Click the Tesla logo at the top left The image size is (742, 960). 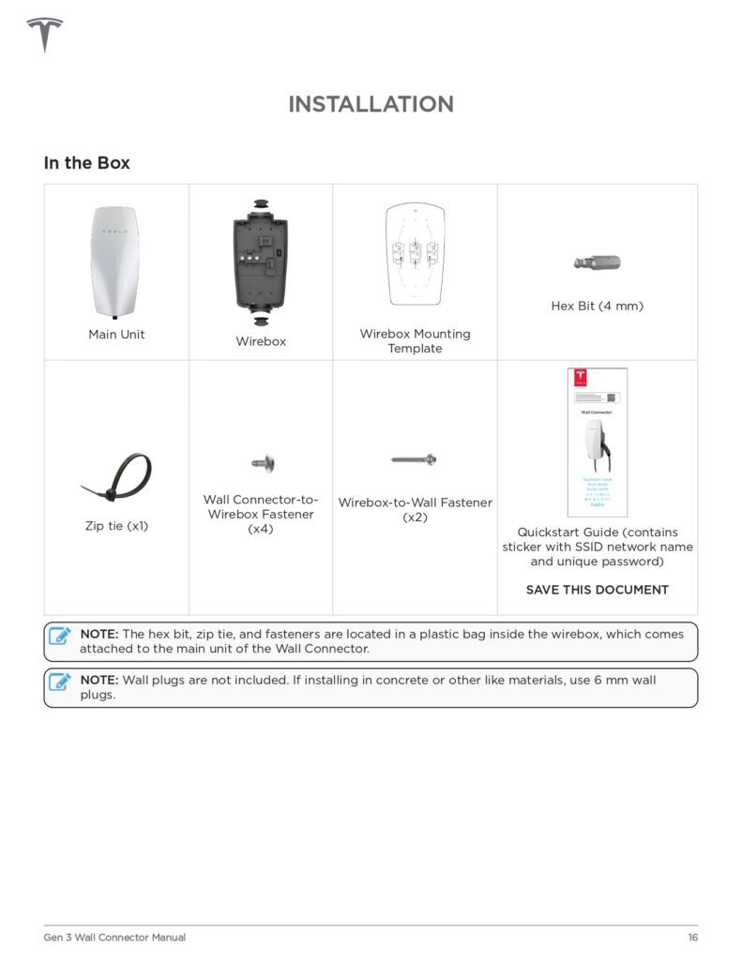pyautogui.click(x=44, y=35)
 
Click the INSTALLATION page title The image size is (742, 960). pyautogui.click(x=371, y=104)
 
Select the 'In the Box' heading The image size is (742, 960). pyautogui.click(x=86, y=163)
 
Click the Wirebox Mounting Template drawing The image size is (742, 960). pyautogui.click(x=415, y=254)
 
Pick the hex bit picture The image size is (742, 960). pyautogui.click(x=597, y=263)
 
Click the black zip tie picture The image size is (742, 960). pyautogui.click(x=118, y=477)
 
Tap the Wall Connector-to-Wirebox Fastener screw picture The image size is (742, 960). pyautogui.click(x=262, y=462)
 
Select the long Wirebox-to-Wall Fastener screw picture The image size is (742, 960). pyautogui.click(x=414, y=459)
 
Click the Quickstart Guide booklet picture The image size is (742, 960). pyautogui.click(x=597, y=442)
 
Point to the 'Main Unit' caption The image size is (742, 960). pyautogui.click(x=116, y=334)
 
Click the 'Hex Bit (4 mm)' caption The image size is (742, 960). pyautogui.click(x=597, y=306)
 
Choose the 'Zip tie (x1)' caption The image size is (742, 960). pyautogui.click(x=116, y=526)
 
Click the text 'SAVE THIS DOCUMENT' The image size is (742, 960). pyautogui.click(x=597, y=590)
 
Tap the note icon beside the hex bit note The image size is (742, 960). pyautogui.click(x=61, y=636)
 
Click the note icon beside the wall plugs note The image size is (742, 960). pyautogui.click(x=61, y=682)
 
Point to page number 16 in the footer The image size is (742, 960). pyautogui.click(x=692, y=937)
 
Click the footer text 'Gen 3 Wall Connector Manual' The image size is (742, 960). pyautogui.click(x=114, y=937)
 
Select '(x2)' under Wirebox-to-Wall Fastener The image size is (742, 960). pyautogui.click(x=415, y=517)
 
